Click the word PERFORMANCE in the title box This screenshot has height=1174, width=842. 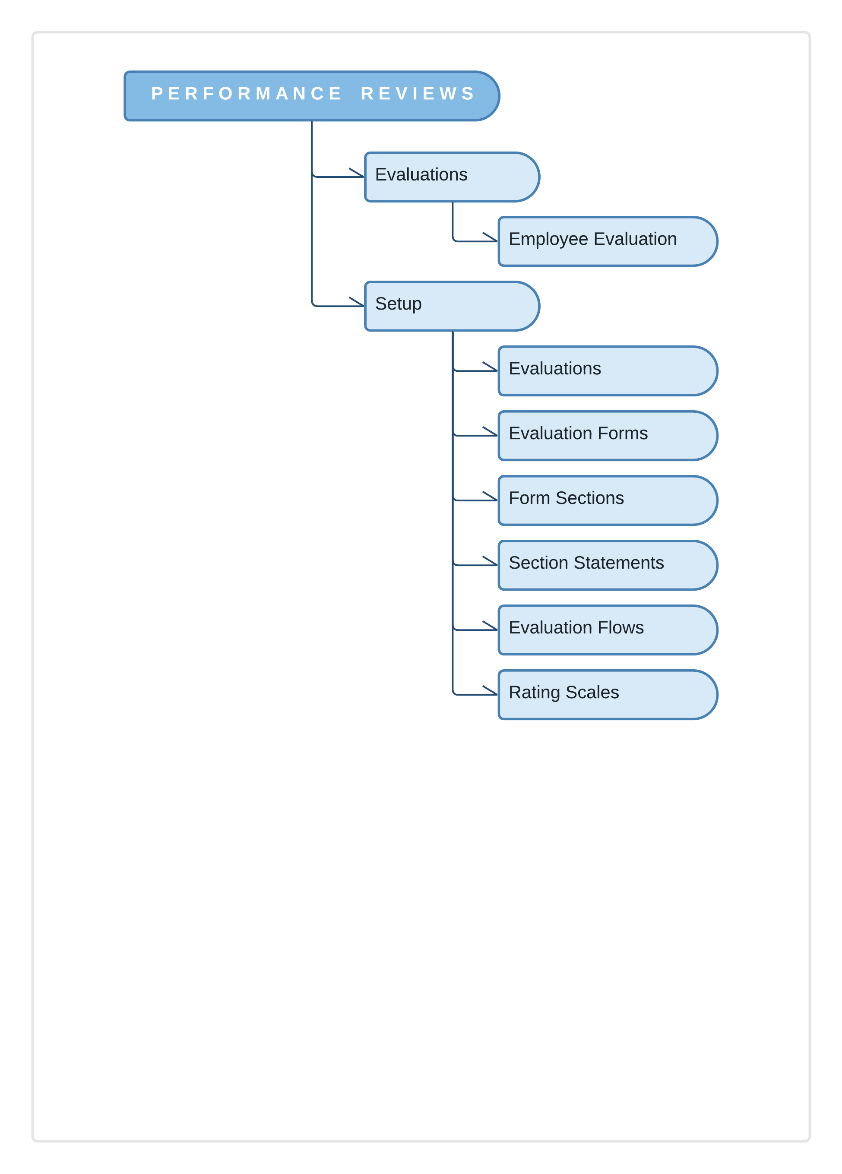pos(246,94)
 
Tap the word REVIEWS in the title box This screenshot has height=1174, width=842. pos(418,94)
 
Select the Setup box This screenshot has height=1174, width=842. pos(452,306)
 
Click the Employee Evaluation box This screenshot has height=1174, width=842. pos(608,241)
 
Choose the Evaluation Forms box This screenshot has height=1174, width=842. pos(608,435)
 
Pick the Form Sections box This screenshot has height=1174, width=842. pos(608,500)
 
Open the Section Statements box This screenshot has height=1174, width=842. pos(608,565)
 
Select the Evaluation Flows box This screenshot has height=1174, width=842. pos(608,630)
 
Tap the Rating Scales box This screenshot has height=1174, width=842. pos(608,694)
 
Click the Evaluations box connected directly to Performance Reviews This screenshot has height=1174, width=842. pos(452,177)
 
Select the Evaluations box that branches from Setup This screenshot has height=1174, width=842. pos(608,370)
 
